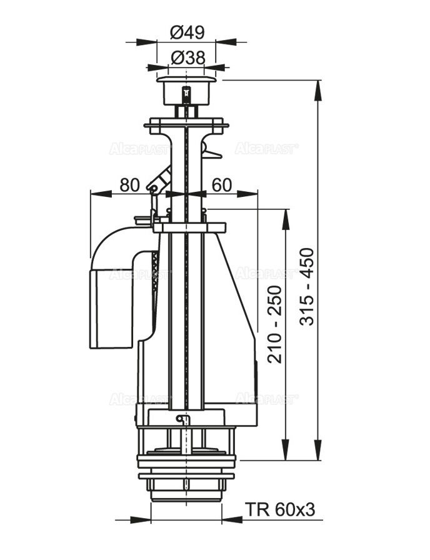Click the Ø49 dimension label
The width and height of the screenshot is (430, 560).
(x=187, y=33)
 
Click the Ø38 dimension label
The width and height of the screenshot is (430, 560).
(x=188, y=57)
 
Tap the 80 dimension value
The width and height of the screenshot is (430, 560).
(x=129, y=185)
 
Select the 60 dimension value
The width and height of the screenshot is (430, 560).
(x=222, y=185)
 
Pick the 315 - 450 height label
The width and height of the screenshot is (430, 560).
(x=306, y=286)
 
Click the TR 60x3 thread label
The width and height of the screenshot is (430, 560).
(x=281, y=510)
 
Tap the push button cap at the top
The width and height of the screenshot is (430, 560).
(x=187, y=91)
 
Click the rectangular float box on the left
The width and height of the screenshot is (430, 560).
(x=111, y=309)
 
